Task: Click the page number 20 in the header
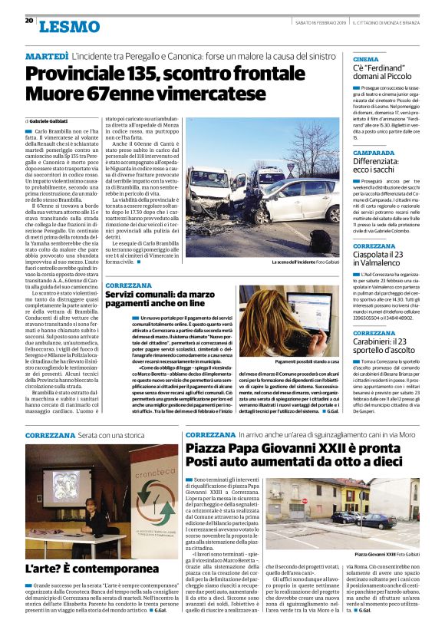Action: click(x=28, y=21)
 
